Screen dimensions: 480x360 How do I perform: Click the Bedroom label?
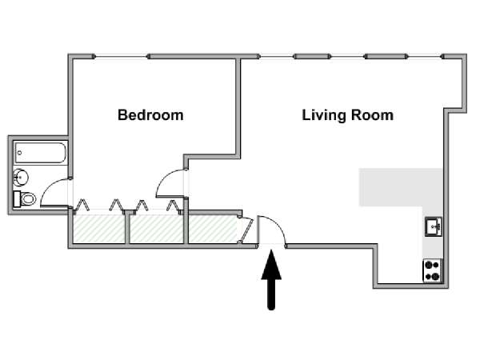(150, 115)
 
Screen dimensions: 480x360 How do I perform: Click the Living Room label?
(348, 115)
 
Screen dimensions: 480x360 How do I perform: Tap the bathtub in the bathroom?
(40, 153)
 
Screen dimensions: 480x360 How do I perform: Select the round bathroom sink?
(21, 178)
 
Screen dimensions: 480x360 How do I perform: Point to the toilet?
(25, 199)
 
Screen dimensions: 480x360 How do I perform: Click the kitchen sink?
(433, 226)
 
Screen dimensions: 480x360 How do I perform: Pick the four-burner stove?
(433, 270)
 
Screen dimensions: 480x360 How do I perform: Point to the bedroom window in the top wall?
(121, 56)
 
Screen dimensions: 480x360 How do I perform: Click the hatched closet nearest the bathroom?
(99, 228)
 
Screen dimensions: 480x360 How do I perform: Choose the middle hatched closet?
(157, 228)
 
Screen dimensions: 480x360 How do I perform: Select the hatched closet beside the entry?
(213, 228)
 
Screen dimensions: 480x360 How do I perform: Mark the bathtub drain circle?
(19, 153)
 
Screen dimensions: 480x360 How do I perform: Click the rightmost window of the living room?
(425, 56)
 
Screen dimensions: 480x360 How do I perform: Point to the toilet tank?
(17, 199)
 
